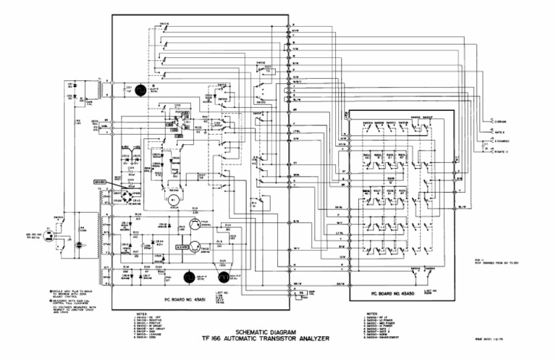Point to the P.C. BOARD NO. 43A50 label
(x=397, y=294)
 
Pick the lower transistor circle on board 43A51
(x=195, y=247)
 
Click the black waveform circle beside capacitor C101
(x=142, y=89)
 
